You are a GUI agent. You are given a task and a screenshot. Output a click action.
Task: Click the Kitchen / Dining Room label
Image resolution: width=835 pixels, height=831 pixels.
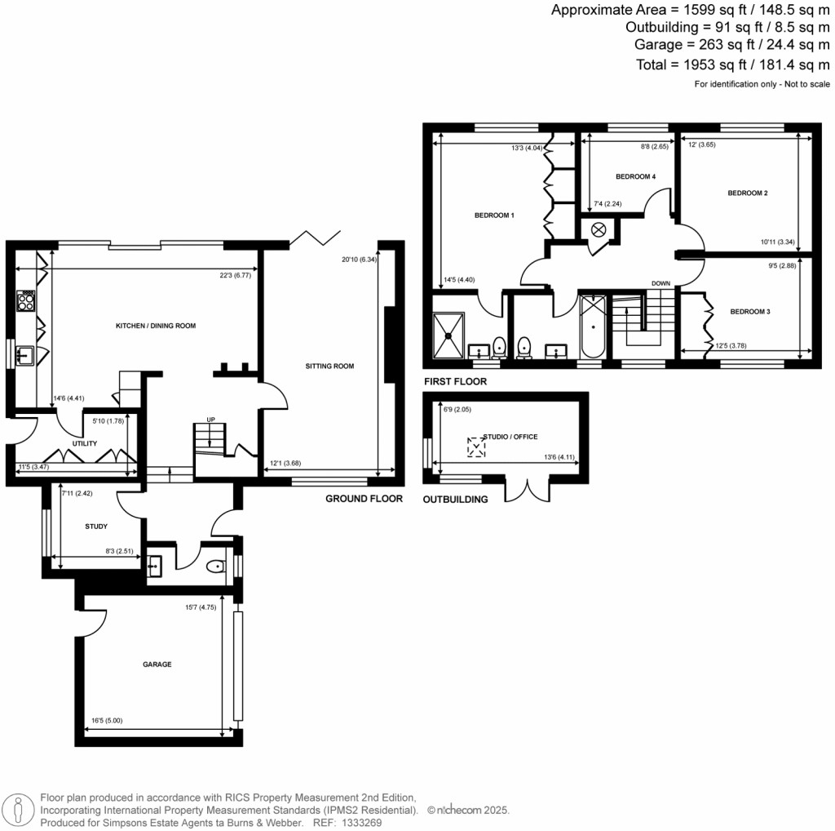[155, 326]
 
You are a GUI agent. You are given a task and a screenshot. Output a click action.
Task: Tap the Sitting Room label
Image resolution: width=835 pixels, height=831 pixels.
[329, 367]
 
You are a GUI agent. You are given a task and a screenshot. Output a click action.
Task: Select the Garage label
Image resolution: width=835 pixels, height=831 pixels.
[157, 664]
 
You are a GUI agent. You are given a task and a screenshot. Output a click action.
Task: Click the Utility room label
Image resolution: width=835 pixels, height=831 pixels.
[84, 444]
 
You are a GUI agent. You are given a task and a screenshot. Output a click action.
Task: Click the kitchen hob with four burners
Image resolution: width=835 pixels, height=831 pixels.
[26, 301]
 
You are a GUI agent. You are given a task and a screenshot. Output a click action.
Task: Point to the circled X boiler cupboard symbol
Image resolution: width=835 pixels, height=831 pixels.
[599, 229]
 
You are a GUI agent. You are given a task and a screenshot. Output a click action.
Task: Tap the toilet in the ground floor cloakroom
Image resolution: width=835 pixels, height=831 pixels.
[216, 567]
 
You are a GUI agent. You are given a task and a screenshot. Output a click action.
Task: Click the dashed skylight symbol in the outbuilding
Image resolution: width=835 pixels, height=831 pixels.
[475, 447]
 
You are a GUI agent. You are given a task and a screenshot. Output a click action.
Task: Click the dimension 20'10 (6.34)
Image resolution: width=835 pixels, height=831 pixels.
[358, 260]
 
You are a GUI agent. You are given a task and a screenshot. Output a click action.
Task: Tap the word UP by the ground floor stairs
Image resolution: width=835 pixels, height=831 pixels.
[210, 420]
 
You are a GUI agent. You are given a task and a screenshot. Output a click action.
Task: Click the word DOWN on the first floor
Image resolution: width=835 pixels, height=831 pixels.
[660, 283]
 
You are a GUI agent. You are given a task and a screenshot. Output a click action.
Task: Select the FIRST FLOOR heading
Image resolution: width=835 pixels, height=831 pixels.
[455, 381]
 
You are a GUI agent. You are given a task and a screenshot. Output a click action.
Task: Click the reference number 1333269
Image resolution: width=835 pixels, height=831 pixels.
[359, 823]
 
